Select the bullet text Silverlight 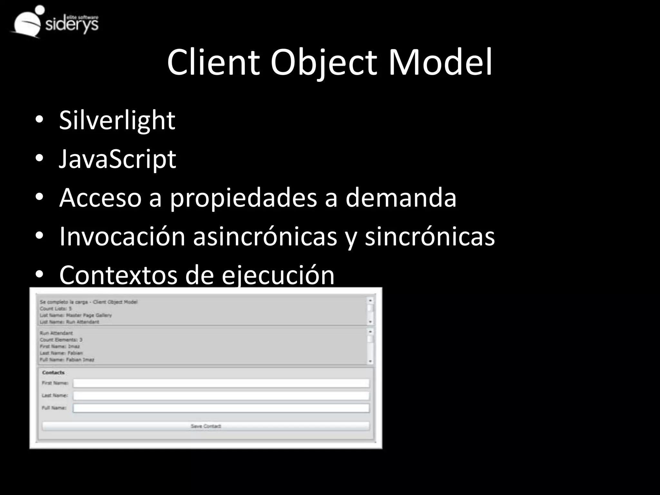click(117, 120)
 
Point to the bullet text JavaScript click(117, 159)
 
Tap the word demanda click(401, 198)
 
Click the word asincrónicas click(265, 237)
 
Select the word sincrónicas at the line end click(430, 237)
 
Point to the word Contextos click(118, 275)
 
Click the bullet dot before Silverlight click(39, 120)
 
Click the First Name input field click(221, 383)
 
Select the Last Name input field click(221, 395)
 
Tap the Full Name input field click(221, 408)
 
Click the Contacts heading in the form click(53, 373)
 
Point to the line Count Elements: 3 click(61, 340)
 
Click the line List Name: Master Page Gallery click(76, 315)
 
